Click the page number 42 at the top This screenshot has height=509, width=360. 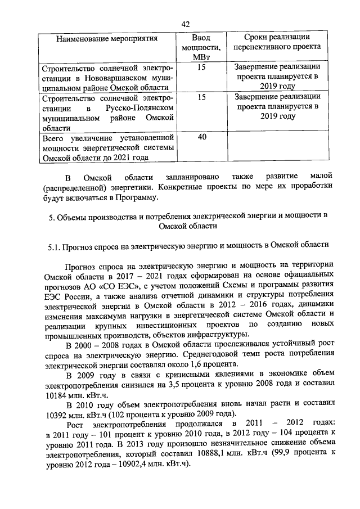pos(186,23)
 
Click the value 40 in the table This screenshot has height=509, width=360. pos(201,137)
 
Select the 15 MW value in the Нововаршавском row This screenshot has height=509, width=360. pos(201,67)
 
